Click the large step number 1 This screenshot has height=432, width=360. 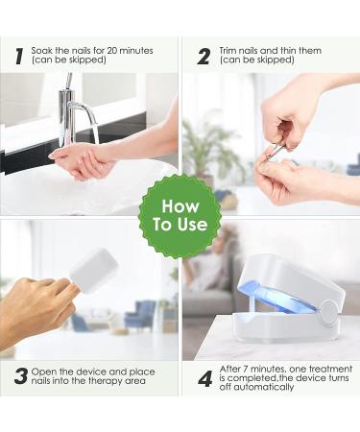pyautogui.click(x=19, y=57)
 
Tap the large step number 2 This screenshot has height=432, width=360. pyautogui.click(x=204, y=57)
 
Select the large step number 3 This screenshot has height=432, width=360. pyautogui.click(x=21, y=376)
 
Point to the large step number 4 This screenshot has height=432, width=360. pyautogui.click(x=204, y=379)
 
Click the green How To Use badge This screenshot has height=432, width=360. pyautogui.click(x=180, y=215)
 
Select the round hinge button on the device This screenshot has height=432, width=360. pyautogui.click(x=328, y=313)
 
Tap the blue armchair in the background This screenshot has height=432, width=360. pyautogui.click(x=140, y=315)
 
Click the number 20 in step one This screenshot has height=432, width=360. pyautogui.click(x=113, y=51)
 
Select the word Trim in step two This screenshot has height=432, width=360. pyautogui.click(x=228, y=51)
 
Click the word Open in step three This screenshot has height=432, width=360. pyautogui.click(x=44, y=372)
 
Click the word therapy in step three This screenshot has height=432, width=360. pyautogui.click(x=106, y=381)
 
